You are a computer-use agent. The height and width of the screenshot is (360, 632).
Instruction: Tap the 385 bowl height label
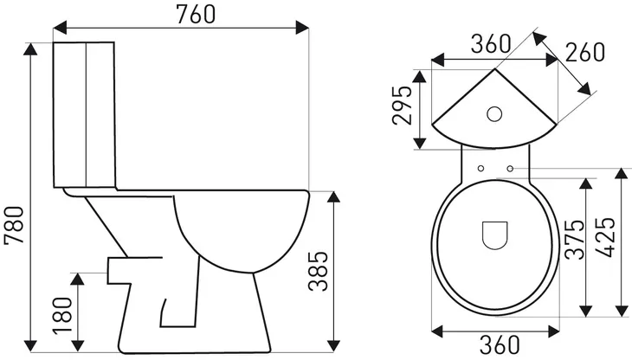click(x=319, y=272)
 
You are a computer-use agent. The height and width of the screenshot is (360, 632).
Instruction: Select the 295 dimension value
click(x=401, y=105)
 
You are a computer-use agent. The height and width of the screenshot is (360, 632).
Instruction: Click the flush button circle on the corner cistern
click(x=495, y=113)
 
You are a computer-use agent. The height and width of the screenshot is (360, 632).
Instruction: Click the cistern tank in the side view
click(x=86, y=114)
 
